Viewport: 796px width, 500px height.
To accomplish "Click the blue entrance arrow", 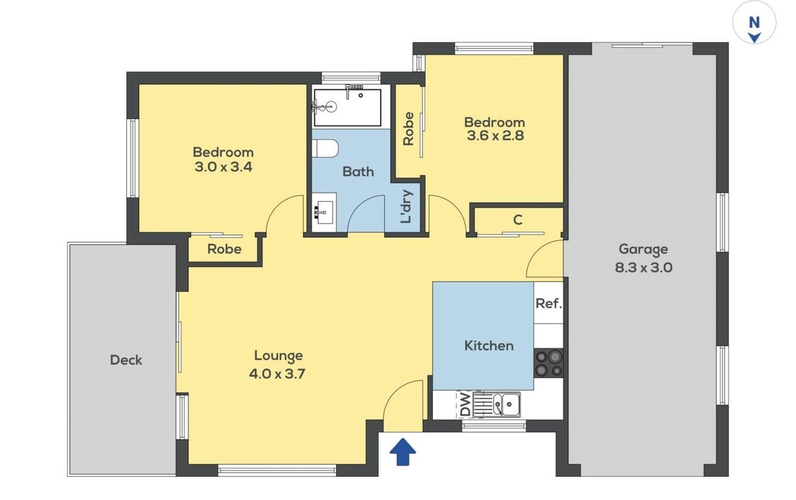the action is (402, 451).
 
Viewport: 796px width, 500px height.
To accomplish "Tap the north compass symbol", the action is (754, 22).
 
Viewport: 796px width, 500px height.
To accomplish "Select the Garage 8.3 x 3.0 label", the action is (644, 258).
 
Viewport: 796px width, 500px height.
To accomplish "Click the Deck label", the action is (126, 360).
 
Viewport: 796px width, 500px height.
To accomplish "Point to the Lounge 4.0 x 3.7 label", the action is (277, 364).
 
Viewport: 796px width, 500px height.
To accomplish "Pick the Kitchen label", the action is (489, 346).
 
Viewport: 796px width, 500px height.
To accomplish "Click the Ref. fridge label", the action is (549, 303).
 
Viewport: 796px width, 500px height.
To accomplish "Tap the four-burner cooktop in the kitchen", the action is (549, 363).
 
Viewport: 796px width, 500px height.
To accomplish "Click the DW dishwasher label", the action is (465, 404).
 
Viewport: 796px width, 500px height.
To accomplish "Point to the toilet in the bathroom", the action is (325, 148).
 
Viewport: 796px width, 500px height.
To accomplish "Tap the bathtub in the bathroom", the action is (347, 107).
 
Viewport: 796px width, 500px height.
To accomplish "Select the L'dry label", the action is (406, 206).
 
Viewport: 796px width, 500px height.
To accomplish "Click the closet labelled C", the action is (518, 221).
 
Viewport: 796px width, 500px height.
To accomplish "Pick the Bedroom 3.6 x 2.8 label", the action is (495, 129).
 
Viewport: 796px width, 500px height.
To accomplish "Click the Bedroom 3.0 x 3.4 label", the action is (223, 159).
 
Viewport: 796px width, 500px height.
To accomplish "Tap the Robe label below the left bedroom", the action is (224, 249).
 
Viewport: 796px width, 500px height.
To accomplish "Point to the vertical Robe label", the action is (409, 129).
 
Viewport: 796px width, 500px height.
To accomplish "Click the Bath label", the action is (358, 172).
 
